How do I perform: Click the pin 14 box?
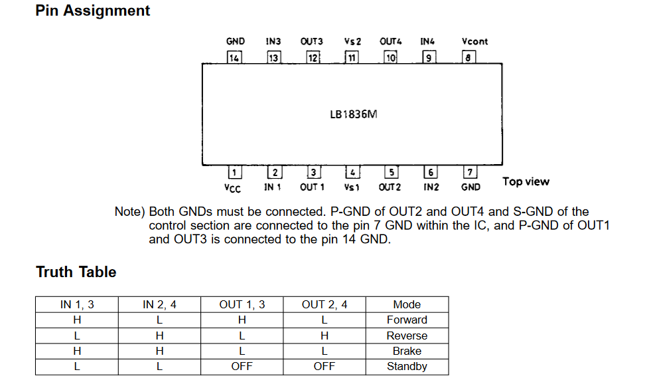[234, 57]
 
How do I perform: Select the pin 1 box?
[234, 172]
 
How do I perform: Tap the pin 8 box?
[469, 57]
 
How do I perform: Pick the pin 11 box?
[351, 57]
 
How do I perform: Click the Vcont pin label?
[474, 41]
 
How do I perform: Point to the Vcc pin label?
[232, 188]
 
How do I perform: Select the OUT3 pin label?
[312, 41]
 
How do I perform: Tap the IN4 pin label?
[427, 41]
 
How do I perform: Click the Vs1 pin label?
[351, 187]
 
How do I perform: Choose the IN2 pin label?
[431, 187]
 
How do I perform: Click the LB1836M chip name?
[354, 114]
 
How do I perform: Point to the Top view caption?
[526, 181]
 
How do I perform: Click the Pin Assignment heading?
[93, 11]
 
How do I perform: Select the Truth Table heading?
[76, 272]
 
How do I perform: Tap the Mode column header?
[407, 305]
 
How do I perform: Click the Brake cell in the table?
[407, 351]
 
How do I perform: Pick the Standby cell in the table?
[407, 367]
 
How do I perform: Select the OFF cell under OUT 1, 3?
[242, 367]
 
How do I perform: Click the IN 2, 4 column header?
[159, 305]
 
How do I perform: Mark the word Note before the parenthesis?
[127, 212]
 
